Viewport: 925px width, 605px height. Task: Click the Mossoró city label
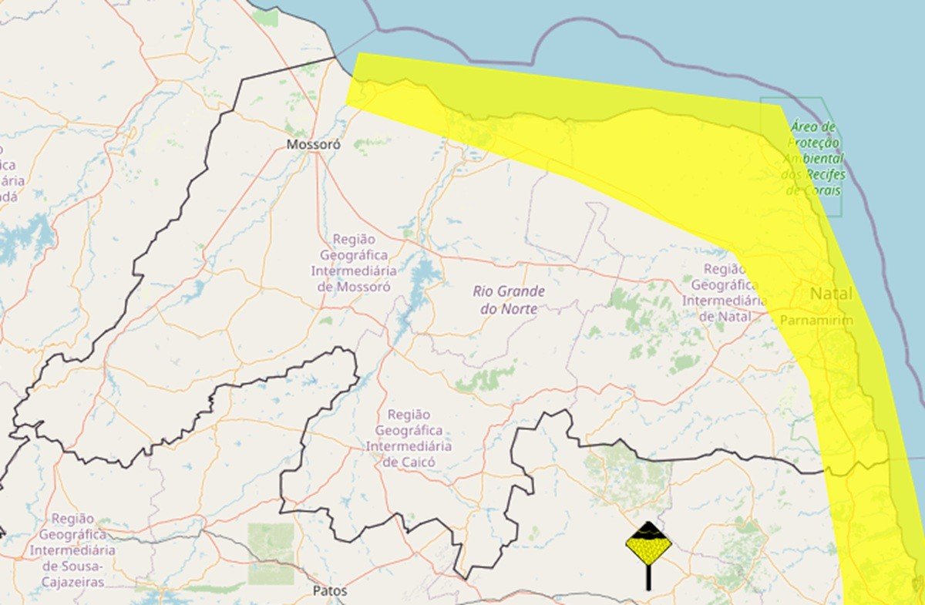313,144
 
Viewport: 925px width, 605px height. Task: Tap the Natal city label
831,294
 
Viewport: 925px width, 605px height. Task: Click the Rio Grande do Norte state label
509,300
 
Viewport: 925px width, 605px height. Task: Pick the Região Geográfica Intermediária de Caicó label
409,438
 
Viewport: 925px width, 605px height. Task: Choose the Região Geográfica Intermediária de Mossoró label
354,264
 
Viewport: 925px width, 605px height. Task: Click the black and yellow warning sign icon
648,545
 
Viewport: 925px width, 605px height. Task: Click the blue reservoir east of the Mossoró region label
423,273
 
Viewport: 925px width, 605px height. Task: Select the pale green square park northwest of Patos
271,553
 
